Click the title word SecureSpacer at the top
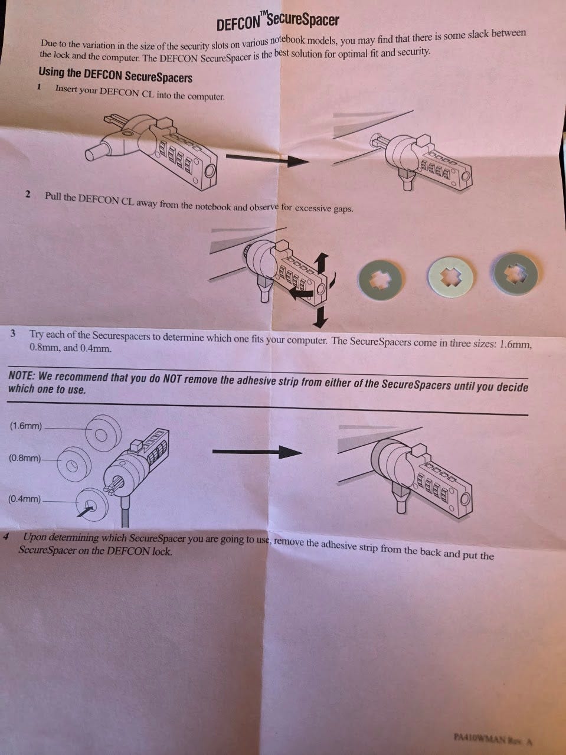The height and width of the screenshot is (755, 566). point(303,20)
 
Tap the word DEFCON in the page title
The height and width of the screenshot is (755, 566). point(238,24)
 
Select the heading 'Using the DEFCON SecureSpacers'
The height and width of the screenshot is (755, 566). point(115,75)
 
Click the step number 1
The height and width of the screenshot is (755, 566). point(40,87)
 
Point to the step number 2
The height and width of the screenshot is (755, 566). point(28,194)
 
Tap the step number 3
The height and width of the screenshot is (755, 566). point(13,334)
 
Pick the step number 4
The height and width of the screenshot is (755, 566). point(5,537)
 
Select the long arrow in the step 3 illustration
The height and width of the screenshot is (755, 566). point(257,452)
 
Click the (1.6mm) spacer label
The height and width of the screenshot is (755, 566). point(26,426)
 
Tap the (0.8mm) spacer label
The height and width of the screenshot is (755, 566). point(25,458)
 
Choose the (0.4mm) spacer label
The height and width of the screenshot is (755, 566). point(24,499)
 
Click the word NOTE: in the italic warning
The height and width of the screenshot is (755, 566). point(21,375)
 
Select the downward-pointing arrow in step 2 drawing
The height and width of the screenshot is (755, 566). point(320,318)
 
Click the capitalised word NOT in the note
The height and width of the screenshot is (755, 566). point(172,379)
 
